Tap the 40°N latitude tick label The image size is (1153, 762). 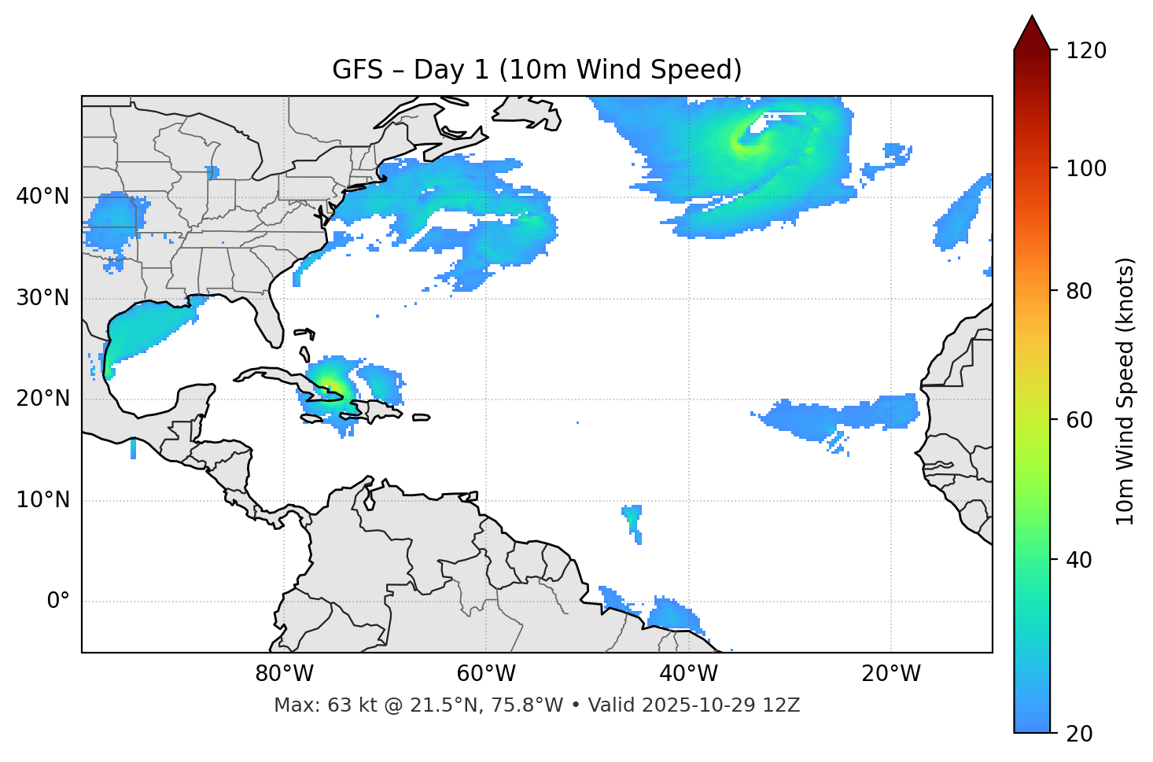tap(42, 197)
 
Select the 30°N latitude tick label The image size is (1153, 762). tap(42, 298)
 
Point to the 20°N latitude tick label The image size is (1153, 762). tap(42, 399)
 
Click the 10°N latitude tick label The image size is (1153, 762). tap(42, 500)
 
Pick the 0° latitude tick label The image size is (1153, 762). tap(58, 602)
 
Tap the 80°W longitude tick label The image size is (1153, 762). tap(284, 674)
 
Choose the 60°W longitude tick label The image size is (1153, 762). tap(486, 674)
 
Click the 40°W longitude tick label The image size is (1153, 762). tap(688, 674)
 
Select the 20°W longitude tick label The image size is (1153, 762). tap(890, 674)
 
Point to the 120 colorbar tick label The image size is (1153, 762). tap(1086, 51)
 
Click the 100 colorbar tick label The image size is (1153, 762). tap(1086, 168)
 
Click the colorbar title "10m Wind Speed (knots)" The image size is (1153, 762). tap(1125, 391)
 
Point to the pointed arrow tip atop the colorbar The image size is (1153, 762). tap(1032, 17)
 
